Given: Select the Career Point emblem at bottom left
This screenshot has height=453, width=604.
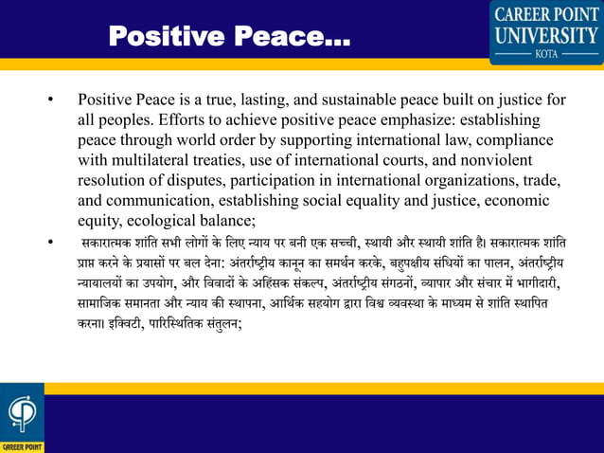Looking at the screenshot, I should pyautogui.click(x=21, y=414).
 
